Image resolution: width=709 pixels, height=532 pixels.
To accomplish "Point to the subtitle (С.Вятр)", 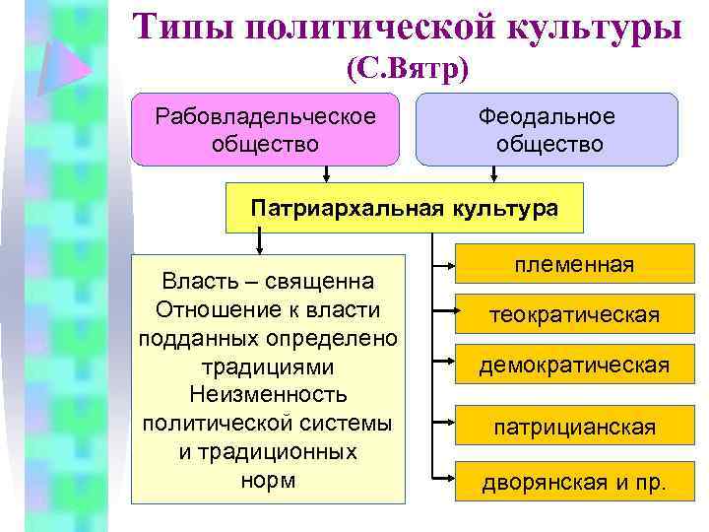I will pyautogui.click(x=408, y=68).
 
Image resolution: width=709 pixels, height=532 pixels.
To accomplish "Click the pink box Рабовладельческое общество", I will pyautogui.click(x=266, y=129).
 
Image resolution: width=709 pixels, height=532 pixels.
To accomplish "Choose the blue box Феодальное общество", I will pyautogui.click(x=547, y=129).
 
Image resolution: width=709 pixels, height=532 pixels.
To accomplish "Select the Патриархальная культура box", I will pyautogui.click(x=405, y=208).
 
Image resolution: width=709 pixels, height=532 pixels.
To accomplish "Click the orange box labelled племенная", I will pyautogui.click(x=575, y=265).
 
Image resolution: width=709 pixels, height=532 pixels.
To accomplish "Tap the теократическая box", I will pyautogui.click(x=575, y=315).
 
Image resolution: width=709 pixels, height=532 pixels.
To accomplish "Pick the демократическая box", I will pyautogui.click(x=575, y=366).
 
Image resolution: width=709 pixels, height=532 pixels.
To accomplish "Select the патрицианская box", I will pyautogui.click(x=575, y=428).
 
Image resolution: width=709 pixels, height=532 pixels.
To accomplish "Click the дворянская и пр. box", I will pyautogui.click(x=575, y=483).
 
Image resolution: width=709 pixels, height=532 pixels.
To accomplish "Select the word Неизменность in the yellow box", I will pyautogui.click(x=269, y=395).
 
